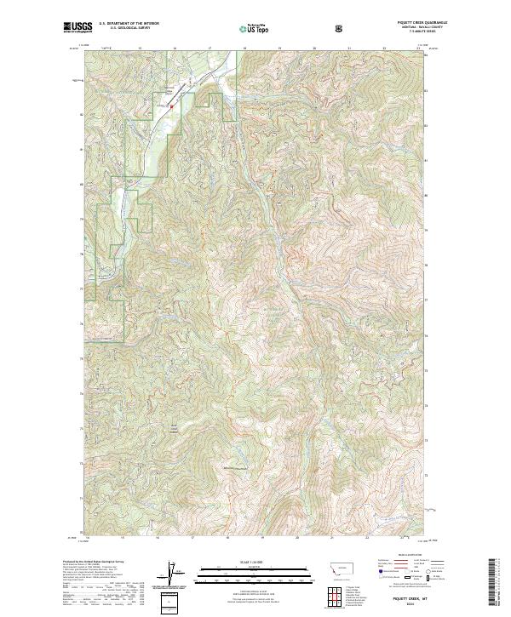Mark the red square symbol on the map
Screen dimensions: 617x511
coord(170,106)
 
